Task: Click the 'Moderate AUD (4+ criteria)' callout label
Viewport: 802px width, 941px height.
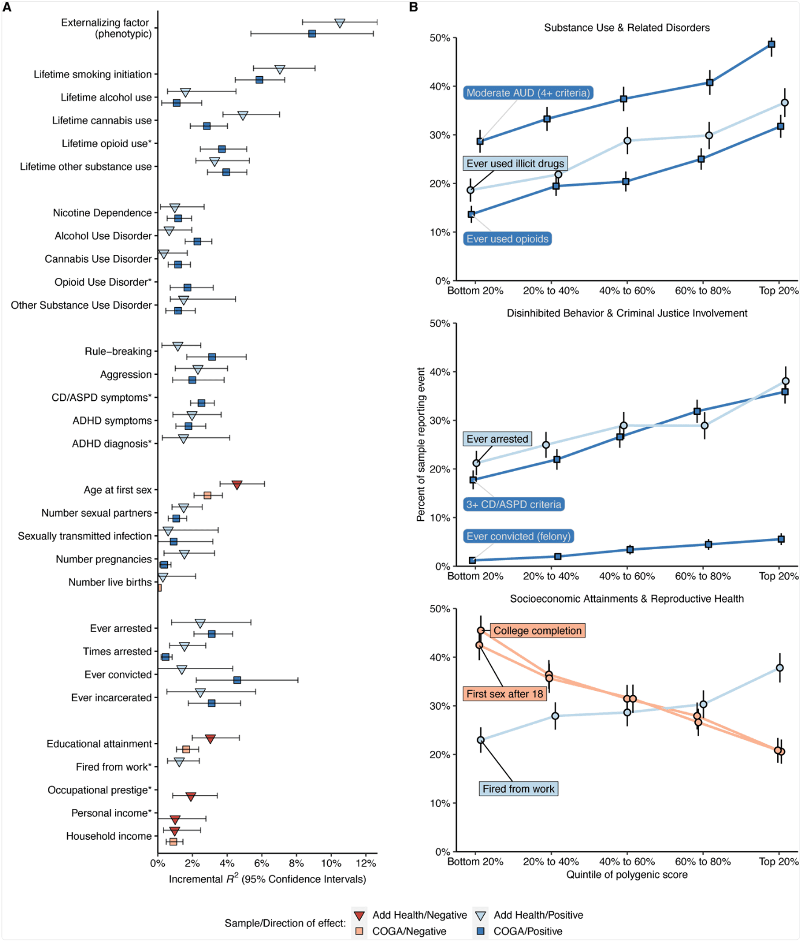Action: (528, 93)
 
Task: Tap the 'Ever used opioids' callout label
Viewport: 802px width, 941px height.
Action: (508, 239)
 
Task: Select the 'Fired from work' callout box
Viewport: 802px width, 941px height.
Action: (519, 788)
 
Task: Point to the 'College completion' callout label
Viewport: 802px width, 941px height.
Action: (537, 630)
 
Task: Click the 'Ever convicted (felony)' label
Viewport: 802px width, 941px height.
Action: (519, 536)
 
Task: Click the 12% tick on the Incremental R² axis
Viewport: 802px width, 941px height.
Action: (366, 863)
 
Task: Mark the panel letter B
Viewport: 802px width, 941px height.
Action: (414, 7)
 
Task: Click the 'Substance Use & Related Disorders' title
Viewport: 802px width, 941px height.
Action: (627, 28)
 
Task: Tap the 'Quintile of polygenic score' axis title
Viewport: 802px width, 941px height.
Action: (627, 874)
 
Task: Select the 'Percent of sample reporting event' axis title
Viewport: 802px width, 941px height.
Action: (421, 444)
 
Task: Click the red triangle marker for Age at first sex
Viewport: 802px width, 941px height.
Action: (237, 484)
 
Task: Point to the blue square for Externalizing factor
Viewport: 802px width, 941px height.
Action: (312, 34)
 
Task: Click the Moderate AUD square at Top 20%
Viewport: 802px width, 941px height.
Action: (771, 44)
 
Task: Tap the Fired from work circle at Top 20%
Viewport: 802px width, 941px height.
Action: (780, 668)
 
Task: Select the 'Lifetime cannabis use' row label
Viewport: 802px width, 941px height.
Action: (102, 121)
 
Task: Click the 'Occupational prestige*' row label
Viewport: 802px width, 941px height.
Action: (99, 790)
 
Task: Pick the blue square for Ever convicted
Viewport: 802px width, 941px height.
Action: (237, 680)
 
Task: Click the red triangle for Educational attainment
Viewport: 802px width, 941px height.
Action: (210, 739)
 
